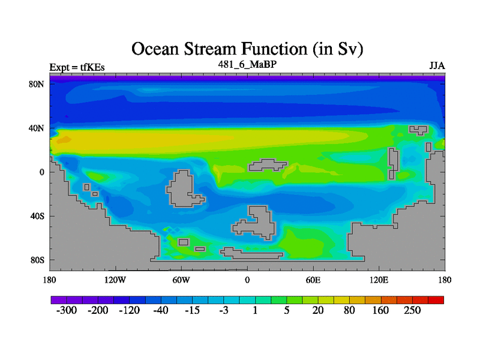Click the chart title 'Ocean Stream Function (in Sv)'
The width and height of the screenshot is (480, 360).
coord(247,49)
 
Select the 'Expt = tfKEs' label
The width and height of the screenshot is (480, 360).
coord(77,67)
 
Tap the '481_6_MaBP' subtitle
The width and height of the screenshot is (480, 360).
coord(247,64)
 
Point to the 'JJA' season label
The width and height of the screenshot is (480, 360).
coord(437,66)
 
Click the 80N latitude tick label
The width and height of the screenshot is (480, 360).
coord(37,84)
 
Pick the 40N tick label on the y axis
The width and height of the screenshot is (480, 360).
coord(37,128)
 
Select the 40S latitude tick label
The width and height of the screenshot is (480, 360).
coord(37,216)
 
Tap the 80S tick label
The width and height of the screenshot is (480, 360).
coord(37,260)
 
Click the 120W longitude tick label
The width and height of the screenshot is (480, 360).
coord(115,280)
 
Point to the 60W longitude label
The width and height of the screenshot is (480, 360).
coord(181,280)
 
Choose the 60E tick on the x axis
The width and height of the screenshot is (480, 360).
coord(313,280)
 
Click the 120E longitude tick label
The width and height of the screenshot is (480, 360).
coord(379,280)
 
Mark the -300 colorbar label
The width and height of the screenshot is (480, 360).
coord(67,310)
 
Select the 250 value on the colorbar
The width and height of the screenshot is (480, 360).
coord(412,310)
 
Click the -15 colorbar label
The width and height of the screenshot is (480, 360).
coord(192,310)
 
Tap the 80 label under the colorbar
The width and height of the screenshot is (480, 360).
coord(349,310)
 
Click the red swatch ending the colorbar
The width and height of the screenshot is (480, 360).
coord(436,300)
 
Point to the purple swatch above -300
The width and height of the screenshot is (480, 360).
coord(59,300)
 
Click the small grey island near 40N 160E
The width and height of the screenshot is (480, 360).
coord(418,130)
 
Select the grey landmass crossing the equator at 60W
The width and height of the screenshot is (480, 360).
coord(183,188)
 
